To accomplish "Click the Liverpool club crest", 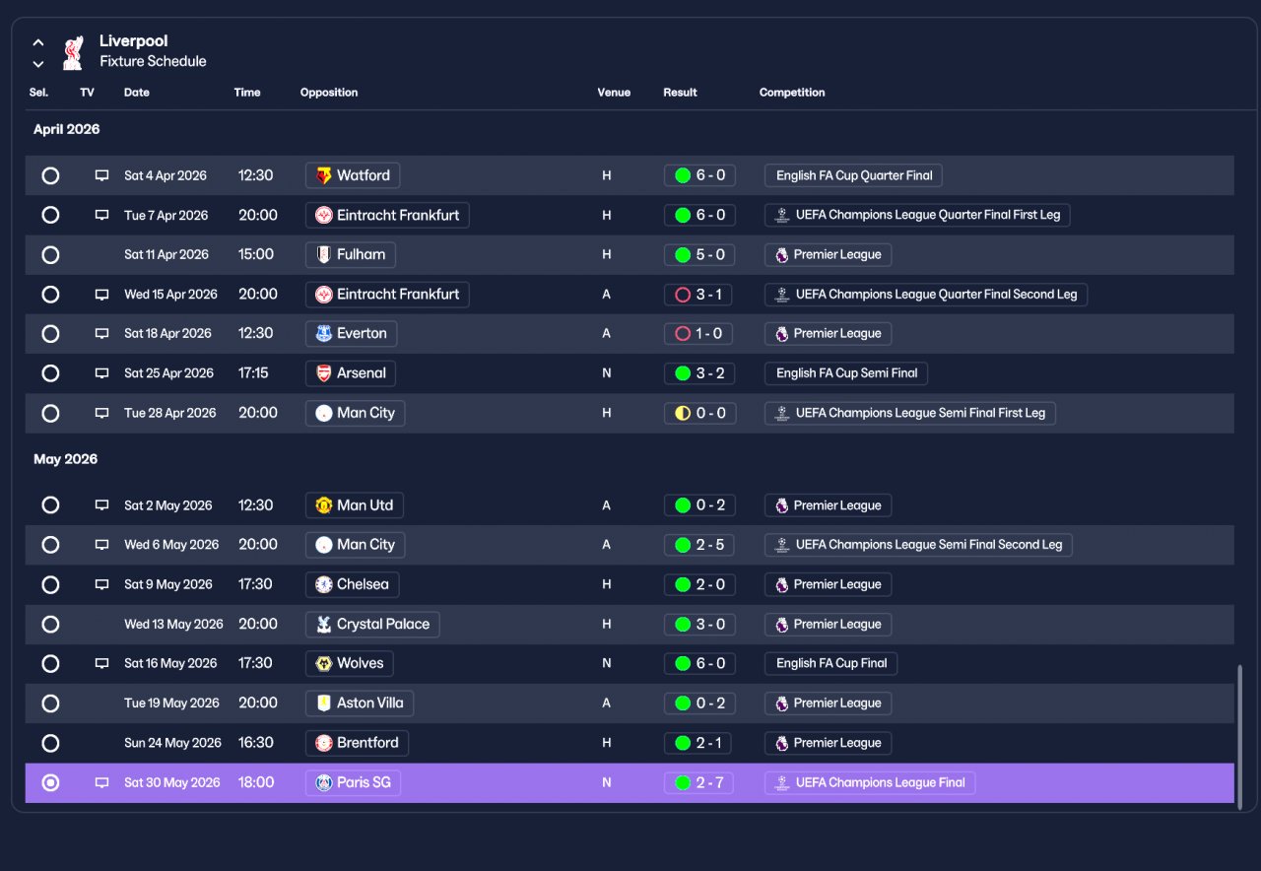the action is click(73, 53).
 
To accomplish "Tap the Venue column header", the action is click(614, 93).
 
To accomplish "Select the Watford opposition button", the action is click(353, 175).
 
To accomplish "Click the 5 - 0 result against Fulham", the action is click(699, 254).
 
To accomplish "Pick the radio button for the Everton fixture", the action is click(50, 334).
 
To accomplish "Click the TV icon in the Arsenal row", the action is click(101, 372).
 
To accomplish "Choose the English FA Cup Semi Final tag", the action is click(846, 372).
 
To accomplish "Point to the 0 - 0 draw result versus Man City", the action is click(700, 413).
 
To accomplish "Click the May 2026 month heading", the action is click(65, 459).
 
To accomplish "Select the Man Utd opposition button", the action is click(354, 505).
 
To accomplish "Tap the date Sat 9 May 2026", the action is click(168, 584).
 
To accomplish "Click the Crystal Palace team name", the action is click(383, 624).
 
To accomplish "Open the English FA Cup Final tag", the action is click(830, 663).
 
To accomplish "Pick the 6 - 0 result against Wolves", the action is click(699, 663).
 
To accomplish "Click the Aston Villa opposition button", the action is click(360, 703).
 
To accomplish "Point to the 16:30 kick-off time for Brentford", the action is click(255, 743).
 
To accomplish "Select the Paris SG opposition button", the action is click(353, 782).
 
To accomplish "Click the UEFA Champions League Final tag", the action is click(870, 782).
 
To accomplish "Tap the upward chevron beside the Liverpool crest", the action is click(38, 42).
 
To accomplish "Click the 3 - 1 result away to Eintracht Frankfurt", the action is click(698, 294).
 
